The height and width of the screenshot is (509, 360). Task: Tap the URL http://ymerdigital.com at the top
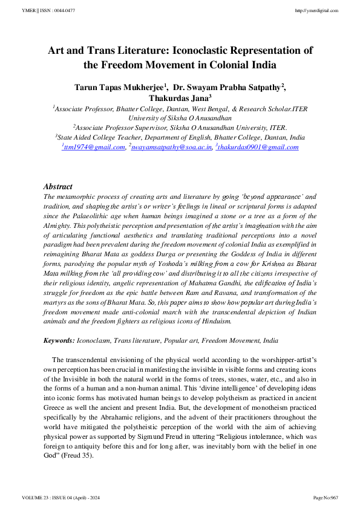(317, 11)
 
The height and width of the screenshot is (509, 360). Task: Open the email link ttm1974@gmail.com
(94, 147)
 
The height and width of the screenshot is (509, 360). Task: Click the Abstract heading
(58, 187)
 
